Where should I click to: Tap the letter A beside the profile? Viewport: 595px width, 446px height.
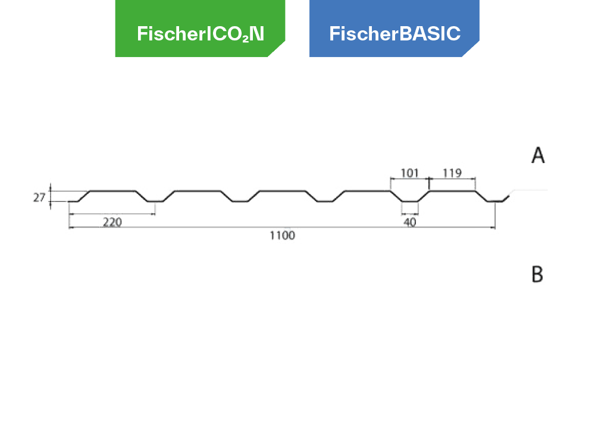[538, 156]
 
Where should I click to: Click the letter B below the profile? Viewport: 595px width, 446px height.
[537, 274]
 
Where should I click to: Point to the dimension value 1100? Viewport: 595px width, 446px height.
[282, 236]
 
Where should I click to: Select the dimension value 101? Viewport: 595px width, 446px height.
[409, 173]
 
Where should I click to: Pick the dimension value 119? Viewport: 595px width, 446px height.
[454, 173]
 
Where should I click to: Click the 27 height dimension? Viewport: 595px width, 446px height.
[40, 197]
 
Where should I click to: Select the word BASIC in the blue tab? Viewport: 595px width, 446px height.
[430, 33]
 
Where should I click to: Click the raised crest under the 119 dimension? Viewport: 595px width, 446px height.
[452, 190]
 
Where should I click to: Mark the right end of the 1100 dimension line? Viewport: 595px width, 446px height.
[493, 228]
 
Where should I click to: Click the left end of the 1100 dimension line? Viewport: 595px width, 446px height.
[71, 228]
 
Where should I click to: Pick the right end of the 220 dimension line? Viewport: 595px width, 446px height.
[155, 214]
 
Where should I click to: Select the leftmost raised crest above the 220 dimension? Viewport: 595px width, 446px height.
[113, 190]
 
